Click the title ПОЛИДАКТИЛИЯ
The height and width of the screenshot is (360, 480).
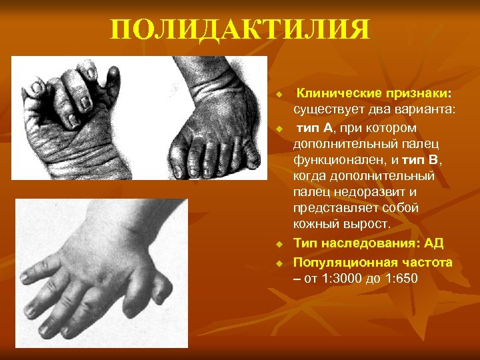239,30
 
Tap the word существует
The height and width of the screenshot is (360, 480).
325,109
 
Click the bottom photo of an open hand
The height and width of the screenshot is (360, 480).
100,273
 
